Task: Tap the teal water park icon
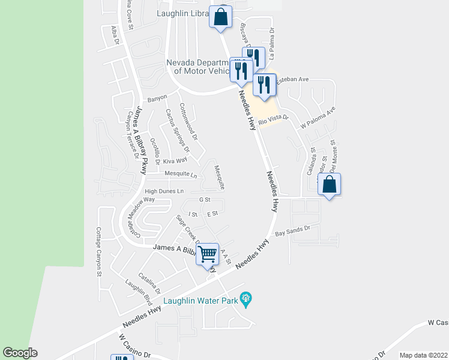tap(245, 298)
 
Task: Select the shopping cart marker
tap(208, 254)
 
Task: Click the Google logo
tap(20, 353)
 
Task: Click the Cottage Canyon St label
tap(99, 252)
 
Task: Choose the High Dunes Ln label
tap(164, 191)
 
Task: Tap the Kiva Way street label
tap(175, 160)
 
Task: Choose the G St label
tap(205, 199)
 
